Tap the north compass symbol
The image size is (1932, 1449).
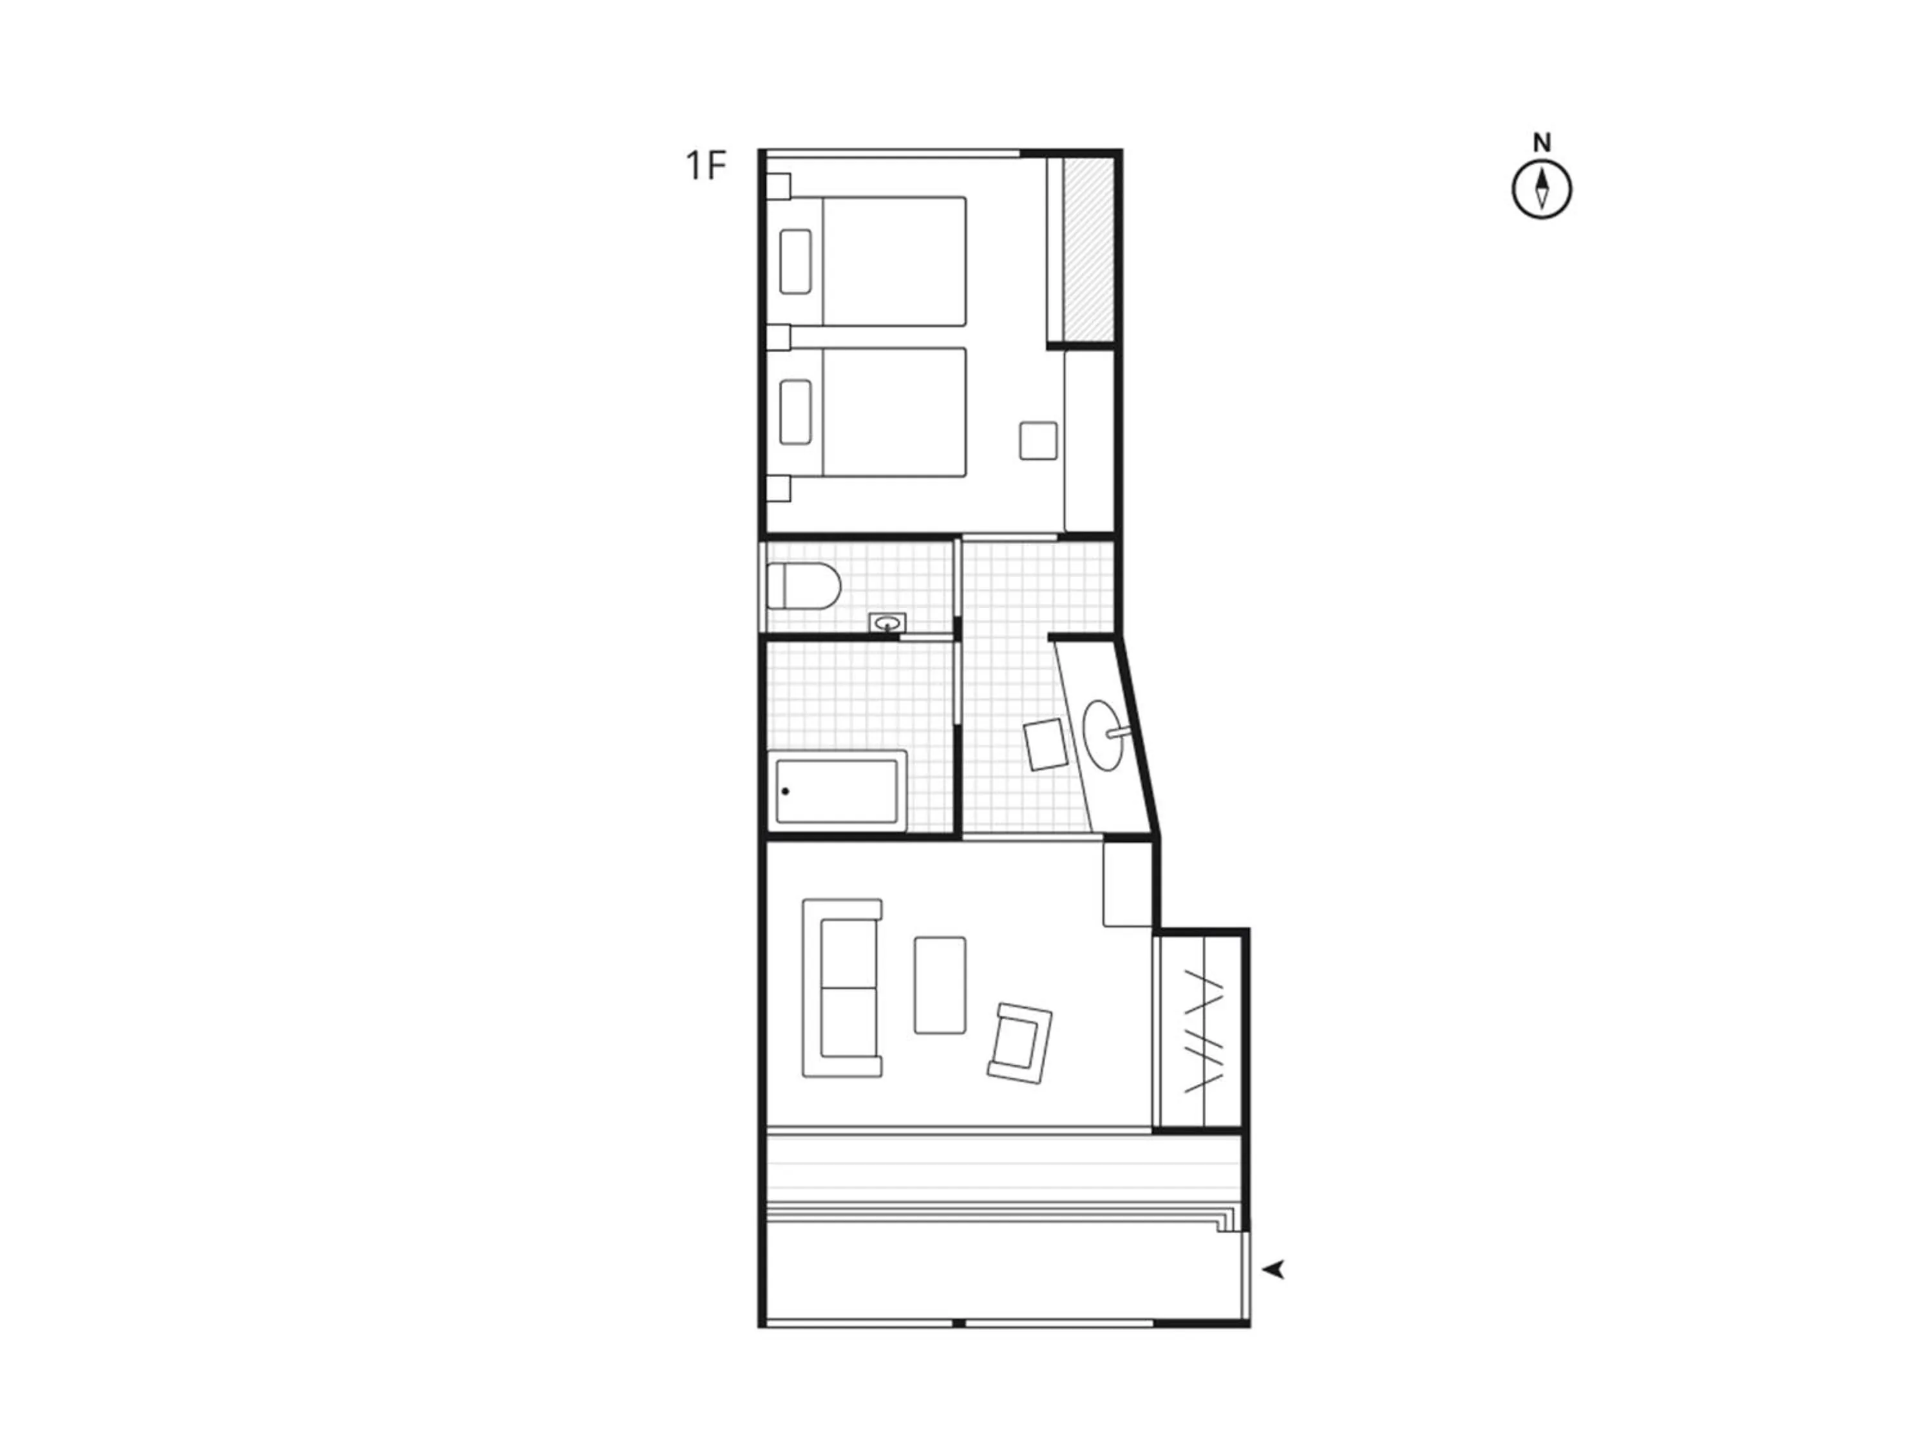[1542, 189]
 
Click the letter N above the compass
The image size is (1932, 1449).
[1542, 142]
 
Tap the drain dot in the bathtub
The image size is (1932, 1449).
[785, 791]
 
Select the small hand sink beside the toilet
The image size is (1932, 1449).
[887, 623]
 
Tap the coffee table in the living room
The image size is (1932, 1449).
[940, 985]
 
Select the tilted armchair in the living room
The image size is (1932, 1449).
[1020, 1043]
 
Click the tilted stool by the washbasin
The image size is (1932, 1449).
[1045, 744]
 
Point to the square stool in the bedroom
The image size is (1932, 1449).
[1039, 440]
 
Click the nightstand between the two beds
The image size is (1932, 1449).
[777, 337]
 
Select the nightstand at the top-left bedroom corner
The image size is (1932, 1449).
[777, 186]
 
